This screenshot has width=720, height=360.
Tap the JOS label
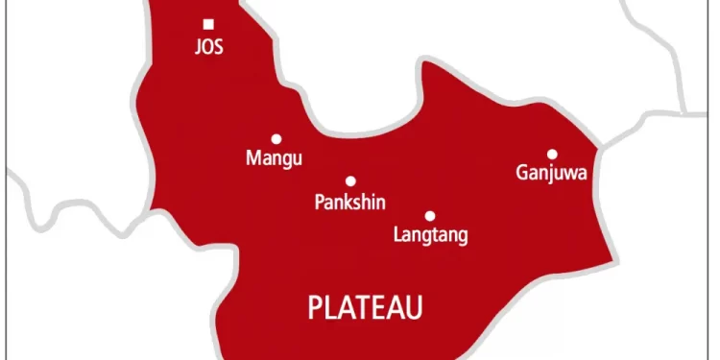point(209,46)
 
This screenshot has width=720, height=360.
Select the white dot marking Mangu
point(276,138)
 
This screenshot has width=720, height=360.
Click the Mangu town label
point(274,158)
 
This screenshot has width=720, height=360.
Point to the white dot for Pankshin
point(350,180)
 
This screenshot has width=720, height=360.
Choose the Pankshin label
point(349,202)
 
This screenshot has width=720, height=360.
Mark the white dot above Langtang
point(429,215)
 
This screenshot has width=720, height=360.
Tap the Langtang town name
point(431,235)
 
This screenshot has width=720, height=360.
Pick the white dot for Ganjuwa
point(552,154)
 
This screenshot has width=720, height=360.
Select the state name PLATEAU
point(365,306)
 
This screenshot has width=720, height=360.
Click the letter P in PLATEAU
point(314,306)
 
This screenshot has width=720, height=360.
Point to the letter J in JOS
point(197,46)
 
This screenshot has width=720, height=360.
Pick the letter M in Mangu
point(253,158)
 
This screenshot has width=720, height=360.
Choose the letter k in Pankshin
point(348,202)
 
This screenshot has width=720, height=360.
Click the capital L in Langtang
point(398,235)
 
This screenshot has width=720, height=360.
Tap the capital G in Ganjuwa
point(521,174)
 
